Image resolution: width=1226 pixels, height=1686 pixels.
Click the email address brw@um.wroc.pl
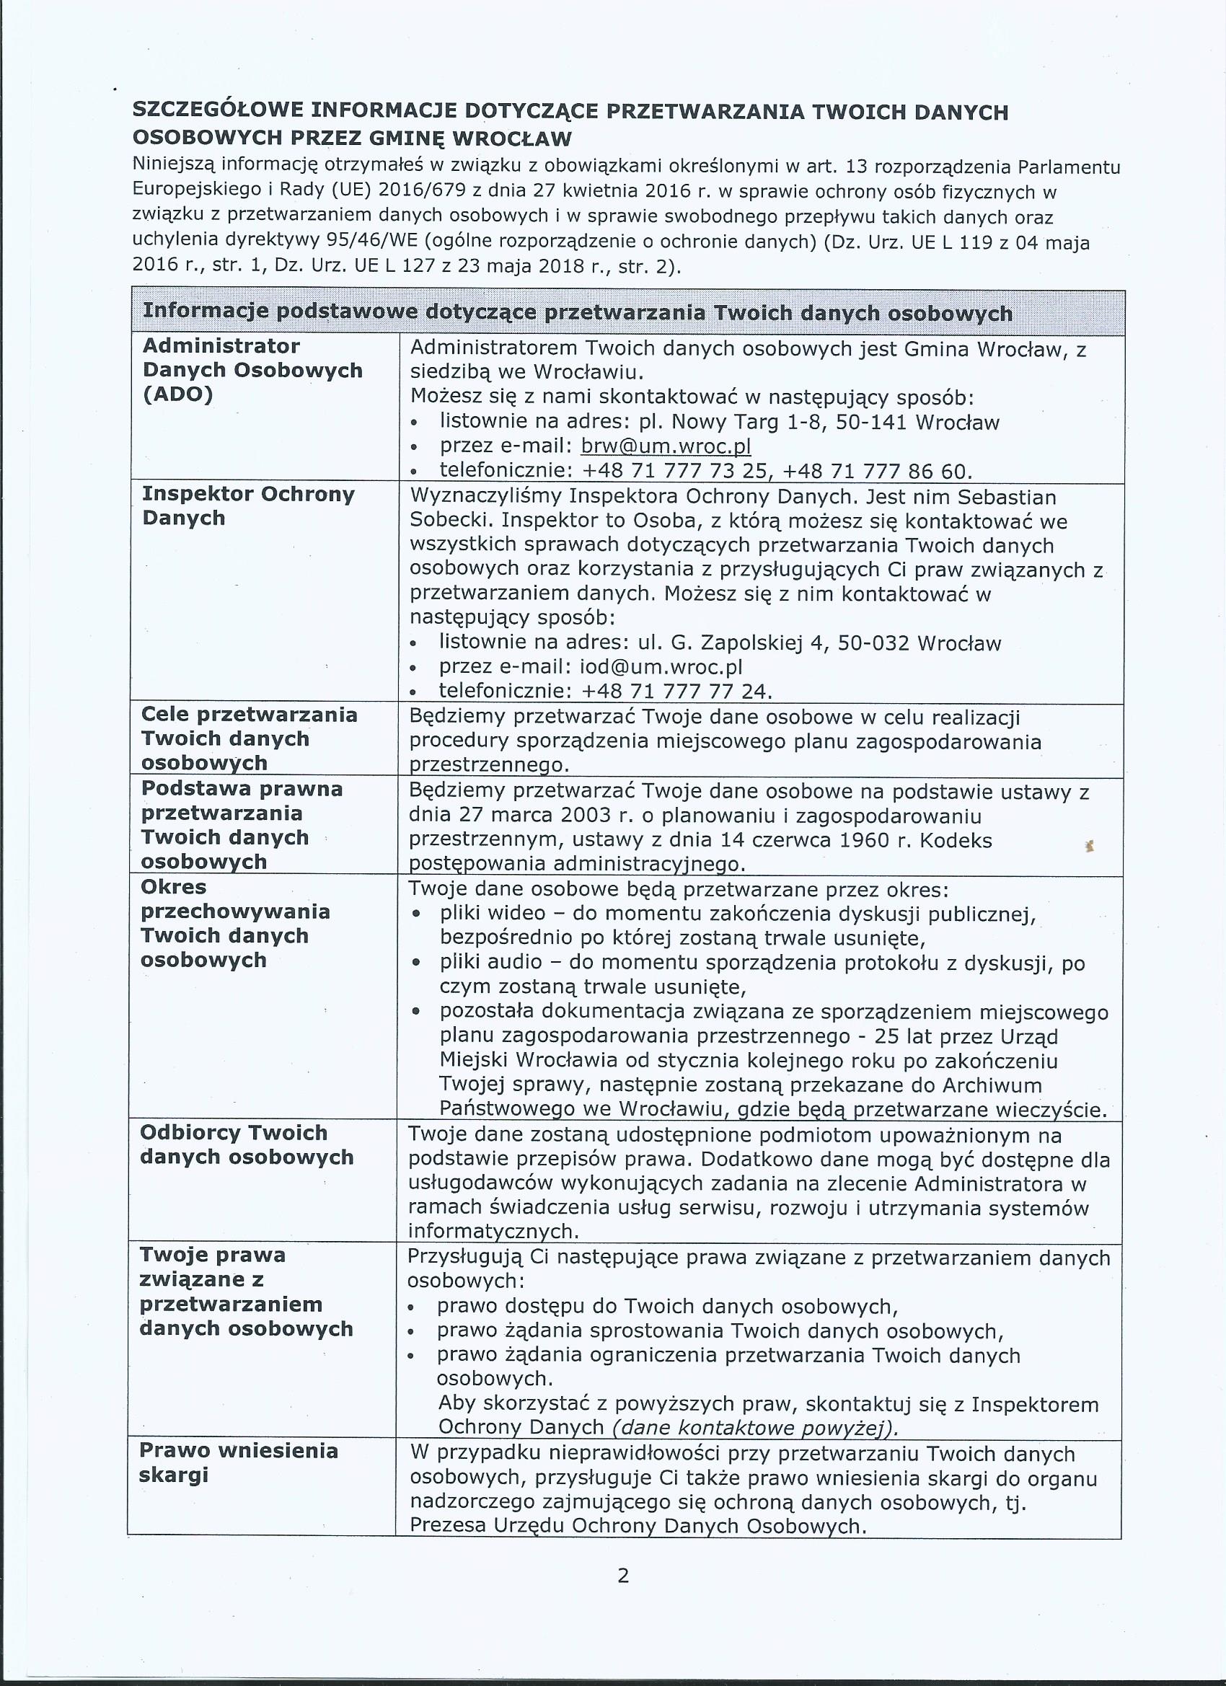pyautogui.click(x=666, y=446)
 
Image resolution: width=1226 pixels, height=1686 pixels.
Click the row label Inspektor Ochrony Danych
pyautogui.click(x=247, y=506)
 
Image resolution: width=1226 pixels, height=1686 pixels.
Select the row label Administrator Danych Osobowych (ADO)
pyautogui.click(x=252, y=369)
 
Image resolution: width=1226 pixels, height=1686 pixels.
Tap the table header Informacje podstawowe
pyautogui.click(x=577, y=312)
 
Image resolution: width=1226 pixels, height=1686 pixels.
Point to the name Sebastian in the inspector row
pyautogui.click(x=1007, y=497)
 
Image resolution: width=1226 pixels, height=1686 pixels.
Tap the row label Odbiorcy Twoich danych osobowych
pyautogui.click(x=246, y=1145)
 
